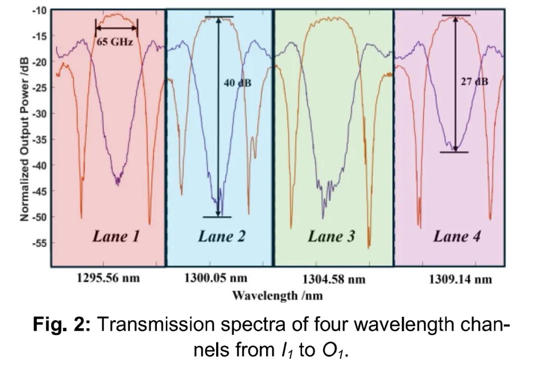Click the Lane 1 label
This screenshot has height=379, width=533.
(115, 237)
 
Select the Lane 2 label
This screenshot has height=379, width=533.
(222, 237)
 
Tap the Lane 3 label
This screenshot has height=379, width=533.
(331, 237)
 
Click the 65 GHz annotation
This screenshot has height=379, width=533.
(114, 42)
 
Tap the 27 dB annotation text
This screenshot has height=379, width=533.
(474, 82)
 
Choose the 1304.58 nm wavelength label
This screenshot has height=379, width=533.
(334, 280)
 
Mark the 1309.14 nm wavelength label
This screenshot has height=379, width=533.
(460, 280)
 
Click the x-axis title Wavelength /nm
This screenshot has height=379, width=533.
(277, 296)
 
